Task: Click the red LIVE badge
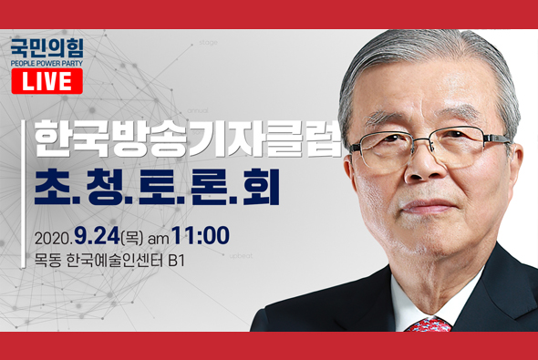(47, 82)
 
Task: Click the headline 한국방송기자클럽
(188, 139)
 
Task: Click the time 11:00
(200, 235)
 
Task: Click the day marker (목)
(134, 236)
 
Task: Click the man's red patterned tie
(429, 324)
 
